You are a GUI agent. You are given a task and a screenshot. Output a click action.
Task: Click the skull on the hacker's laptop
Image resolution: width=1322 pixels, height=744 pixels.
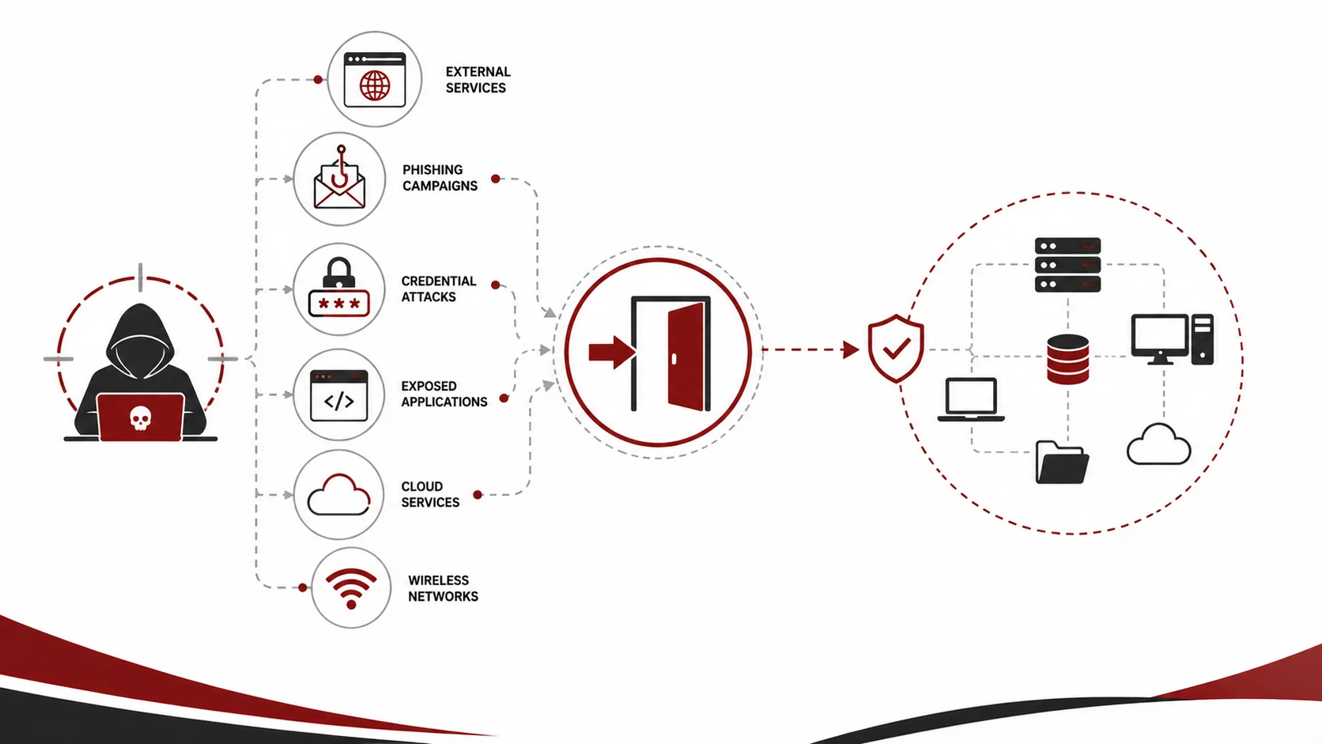141,418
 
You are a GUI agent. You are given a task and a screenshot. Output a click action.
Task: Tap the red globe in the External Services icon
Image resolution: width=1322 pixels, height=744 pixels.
375,85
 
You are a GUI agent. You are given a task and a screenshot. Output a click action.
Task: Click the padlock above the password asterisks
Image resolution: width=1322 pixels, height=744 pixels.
338,273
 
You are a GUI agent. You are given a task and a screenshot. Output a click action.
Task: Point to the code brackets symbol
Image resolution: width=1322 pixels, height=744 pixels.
339,402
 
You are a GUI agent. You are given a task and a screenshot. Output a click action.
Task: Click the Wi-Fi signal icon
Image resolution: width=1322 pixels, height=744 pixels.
351,588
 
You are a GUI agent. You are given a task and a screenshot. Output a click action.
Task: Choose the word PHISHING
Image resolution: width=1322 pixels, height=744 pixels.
432,170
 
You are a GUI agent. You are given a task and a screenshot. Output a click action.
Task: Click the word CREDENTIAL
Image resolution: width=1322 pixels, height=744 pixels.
439,281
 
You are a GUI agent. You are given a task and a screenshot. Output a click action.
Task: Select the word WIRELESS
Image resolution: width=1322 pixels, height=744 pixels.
439,580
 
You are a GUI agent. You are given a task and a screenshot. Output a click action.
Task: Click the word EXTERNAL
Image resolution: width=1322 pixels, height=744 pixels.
478,72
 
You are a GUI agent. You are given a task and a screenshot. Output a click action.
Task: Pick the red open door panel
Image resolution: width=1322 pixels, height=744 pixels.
686,357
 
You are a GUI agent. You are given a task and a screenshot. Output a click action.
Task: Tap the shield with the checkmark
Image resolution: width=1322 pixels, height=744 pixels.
896,349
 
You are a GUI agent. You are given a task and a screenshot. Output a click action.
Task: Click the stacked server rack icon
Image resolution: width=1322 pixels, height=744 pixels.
1067,265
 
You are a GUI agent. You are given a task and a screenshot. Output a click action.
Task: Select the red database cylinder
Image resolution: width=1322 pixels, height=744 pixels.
1067,359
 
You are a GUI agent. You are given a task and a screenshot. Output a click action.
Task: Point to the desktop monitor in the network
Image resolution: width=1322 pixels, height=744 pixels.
1160,339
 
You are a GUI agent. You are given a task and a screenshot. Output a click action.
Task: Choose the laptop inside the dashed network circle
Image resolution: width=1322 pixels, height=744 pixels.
971,399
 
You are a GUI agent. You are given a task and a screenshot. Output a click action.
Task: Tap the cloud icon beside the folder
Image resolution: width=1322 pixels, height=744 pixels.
1158,444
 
